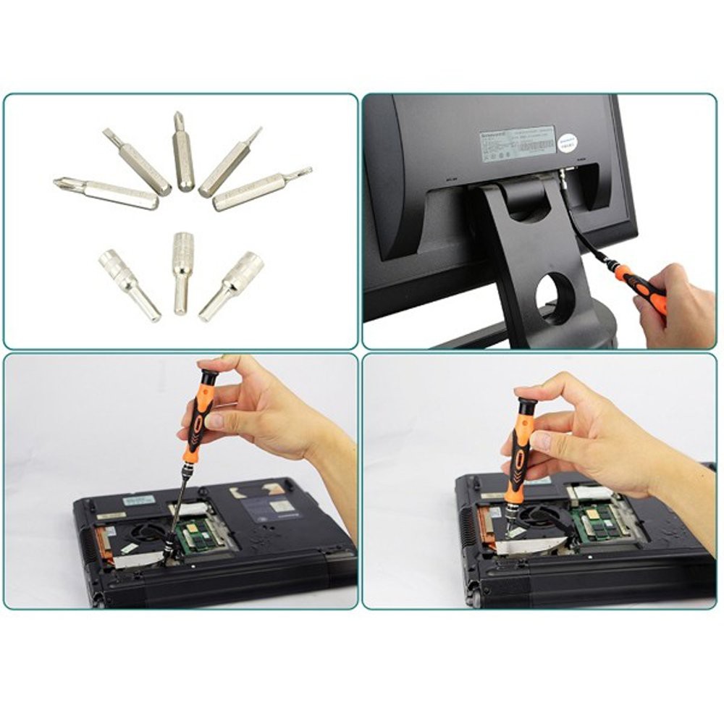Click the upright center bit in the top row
click(183, 152)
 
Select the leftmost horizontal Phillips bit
click(107, 192)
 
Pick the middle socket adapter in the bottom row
click(182, 271)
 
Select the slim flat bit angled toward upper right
click(230, 163)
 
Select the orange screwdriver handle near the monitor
click(640, 287)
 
